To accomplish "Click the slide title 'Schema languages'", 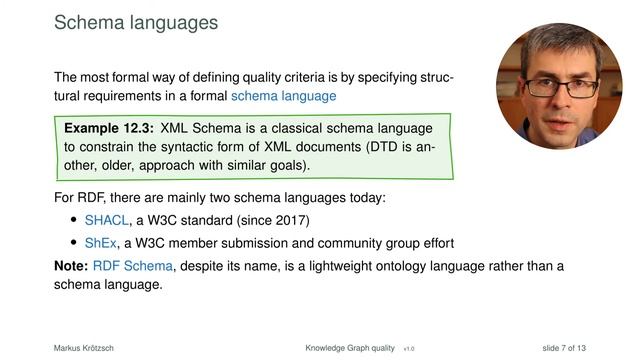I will [136, 21].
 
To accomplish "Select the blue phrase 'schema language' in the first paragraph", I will [284, 97].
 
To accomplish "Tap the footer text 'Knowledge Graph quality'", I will [351, 347].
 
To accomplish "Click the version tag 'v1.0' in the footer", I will [409, 348].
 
